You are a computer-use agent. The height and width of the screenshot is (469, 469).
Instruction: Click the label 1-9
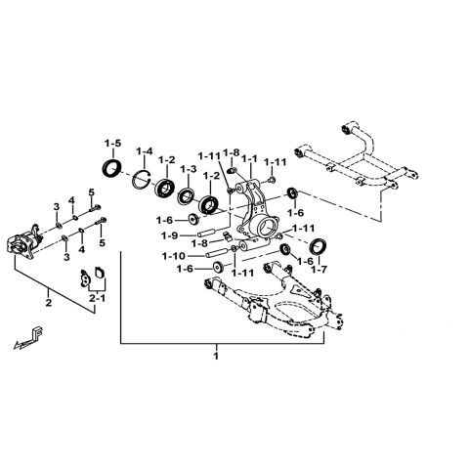point(170,234)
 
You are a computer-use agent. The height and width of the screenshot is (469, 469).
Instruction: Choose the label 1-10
point(172,256)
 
